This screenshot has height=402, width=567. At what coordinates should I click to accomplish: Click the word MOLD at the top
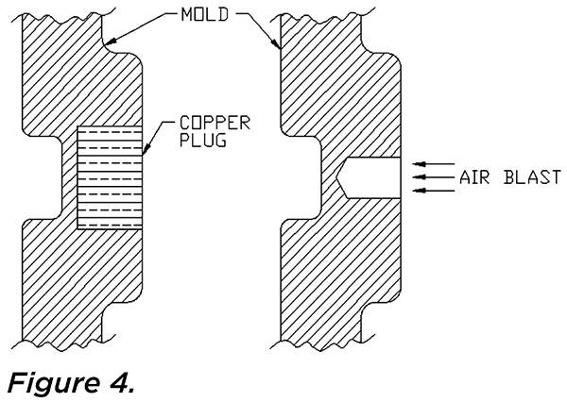(205, 14)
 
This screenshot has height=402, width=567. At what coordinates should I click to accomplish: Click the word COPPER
(215, 124)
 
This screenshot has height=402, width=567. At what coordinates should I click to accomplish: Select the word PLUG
(203, 141)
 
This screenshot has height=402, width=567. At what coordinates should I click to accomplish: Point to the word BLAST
(532, 177)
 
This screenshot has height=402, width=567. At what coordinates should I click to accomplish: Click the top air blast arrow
(434, 164)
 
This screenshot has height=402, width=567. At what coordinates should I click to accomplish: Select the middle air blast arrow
(434, 177)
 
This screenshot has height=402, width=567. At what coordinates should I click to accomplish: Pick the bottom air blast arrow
(434, 191)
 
